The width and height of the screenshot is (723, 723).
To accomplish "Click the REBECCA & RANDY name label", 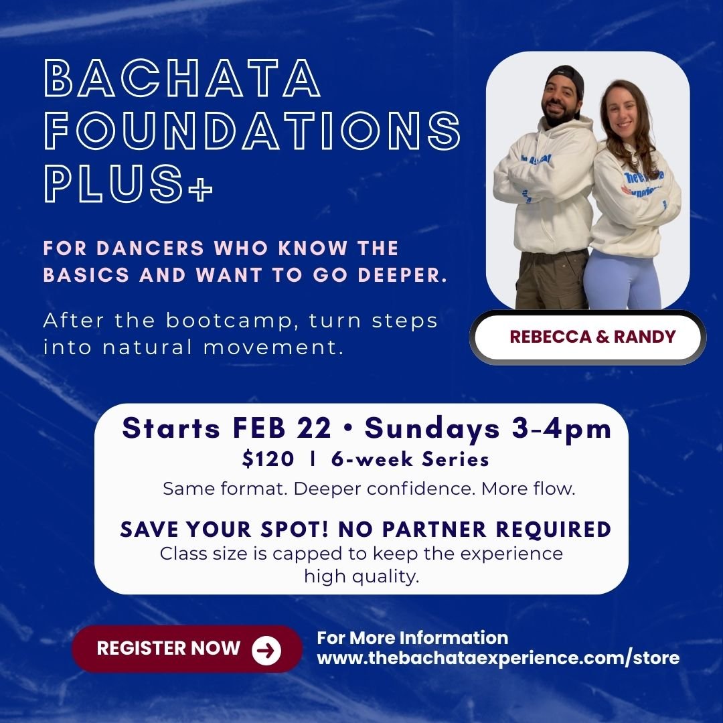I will pos(592,337).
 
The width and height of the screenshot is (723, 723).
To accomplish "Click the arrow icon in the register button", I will pos(266,649).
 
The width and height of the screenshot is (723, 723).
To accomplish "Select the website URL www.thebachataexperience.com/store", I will pos(497,657).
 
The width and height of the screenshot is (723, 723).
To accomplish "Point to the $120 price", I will pos(268,459).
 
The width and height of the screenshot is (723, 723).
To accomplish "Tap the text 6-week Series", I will pos(410,459).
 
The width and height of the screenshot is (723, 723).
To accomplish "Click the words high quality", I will pos(361,576).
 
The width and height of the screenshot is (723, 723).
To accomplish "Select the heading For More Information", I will pos(412,637).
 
